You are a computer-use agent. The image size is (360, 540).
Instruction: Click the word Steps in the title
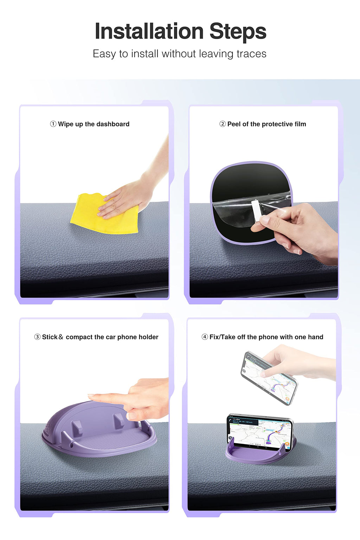click(238, 32)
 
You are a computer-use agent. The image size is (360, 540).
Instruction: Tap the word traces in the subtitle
click(251, 54)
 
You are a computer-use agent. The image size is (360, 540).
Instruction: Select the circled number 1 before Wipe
click(53, 124)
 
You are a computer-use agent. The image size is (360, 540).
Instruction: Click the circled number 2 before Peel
click(223, 124)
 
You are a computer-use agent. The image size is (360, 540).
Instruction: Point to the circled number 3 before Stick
click(37, 337)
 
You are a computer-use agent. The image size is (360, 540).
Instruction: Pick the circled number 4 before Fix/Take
click(205, 337)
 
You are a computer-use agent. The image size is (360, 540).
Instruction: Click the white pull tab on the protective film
click(257, 210)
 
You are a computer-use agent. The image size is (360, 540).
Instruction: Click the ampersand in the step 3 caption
click(61, 337)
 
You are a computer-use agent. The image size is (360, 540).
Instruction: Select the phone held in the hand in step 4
click(269, 378)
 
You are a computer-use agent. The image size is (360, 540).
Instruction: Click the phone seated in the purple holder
click(260, 432)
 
